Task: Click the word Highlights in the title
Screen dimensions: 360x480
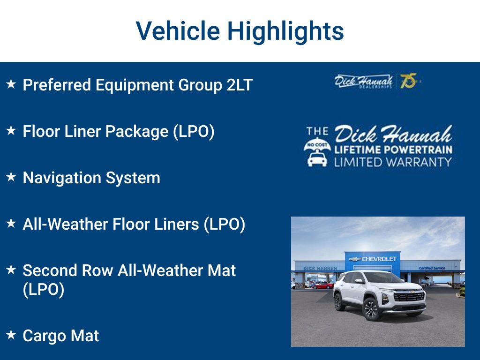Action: tap(286, 31)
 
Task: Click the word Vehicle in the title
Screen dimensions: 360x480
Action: tap(178, 31)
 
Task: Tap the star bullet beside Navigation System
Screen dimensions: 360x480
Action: tap(11, 177)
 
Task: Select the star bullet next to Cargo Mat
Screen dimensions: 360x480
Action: tap(11, 335)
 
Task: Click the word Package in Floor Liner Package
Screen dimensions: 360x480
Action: tap(136, 132)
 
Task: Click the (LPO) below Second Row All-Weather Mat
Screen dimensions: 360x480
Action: tap(43, 290)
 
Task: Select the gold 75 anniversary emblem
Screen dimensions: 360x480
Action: tap(408, 81)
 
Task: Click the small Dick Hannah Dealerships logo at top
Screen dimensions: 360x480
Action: tap(363, 81)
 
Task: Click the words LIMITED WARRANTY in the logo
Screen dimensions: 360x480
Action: tap(393, 162)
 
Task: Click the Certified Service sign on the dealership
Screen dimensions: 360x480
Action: tap(432, 268)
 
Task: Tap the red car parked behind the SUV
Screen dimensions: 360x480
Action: tap(323, 285)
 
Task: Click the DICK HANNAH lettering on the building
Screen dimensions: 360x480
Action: tap(316, 269)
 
